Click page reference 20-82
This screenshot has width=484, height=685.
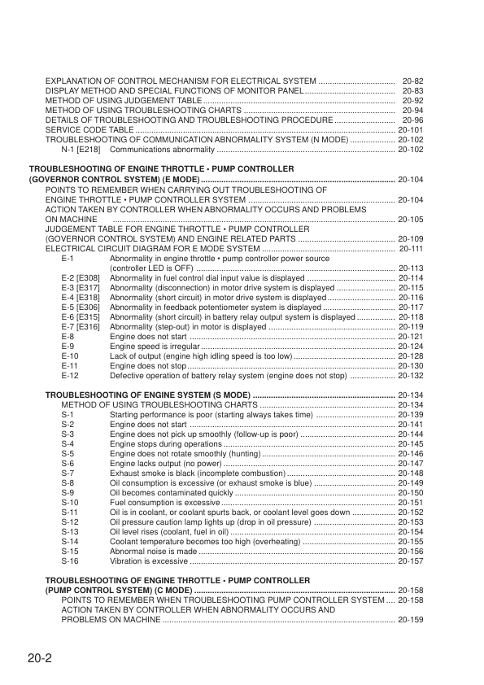coord(412,82)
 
